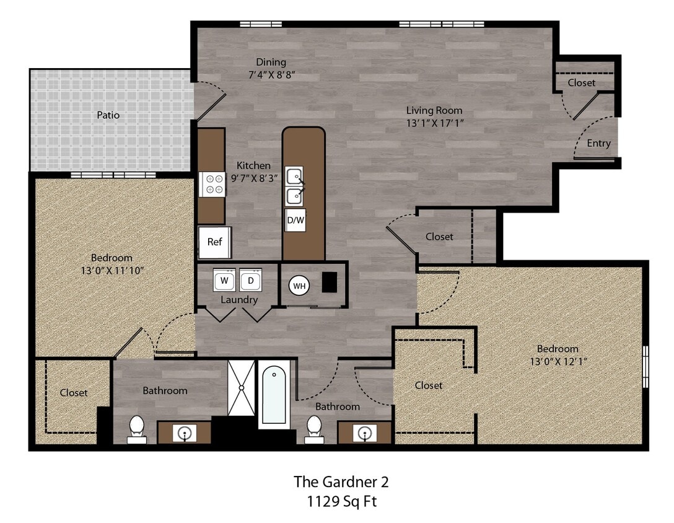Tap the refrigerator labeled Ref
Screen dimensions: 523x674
pos(214,242)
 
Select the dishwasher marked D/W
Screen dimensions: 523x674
pos(295,220)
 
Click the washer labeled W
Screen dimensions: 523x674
pos(224,280)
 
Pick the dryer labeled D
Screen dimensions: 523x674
pos(250,280)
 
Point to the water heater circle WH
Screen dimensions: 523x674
pos(299,286)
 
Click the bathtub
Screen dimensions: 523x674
pos(273,394)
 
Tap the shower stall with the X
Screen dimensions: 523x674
pos(241,388)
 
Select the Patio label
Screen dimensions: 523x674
pos(108,115)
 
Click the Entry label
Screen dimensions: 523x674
pos(598,143)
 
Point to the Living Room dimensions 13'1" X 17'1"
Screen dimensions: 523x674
pos(434,123)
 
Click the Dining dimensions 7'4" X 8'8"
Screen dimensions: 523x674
pos(271,75)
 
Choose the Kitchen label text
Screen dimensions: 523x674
pos(253,165)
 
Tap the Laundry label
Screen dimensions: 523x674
pos(239,300)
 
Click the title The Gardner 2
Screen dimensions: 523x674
pos(341,481)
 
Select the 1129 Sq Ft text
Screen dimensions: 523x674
pos(341,501)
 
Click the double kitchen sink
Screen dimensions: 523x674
pos(294,187)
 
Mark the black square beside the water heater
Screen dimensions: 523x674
pos(329,282)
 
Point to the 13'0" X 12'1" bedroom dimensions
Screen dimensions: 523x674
pos(558,361)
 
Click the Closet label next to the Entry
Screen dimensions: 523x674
pos(581,82)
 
